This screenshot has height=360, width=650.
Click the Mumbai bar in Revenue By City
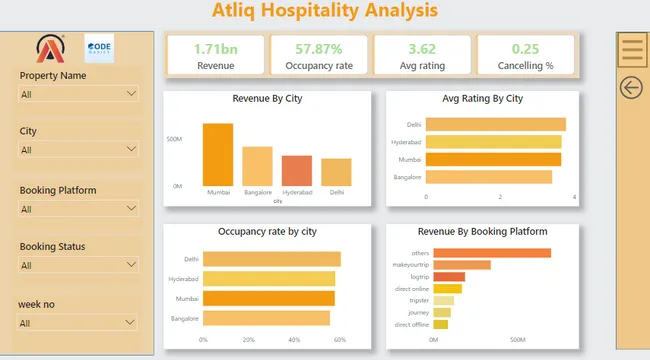click(218, 154)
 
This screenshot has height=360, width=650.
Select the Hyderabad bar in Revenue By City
click(297, 170)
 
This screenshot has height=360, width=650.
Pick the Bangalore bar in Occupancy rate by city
click(266, 318)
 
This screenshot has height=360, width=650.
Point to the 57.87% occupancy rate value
click(318, 48)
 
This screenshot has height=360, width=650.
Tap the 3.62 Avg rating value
click(422, 48)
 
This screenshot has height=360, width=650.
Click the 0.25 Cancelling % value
click(526, 48)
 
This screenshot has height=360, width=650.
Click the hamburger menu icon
click(631, 47)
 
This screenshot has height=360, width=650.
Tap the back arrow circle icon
click(631, 88)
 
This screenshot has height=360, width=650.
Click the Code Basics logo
click(99, 48)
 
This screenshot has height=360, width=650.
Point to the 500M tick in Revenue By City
click(174, 139)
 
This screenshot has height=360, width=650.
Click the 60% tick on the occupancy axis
click(340, 340)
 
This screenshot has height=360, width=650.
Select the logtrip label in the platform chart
click(419, 277)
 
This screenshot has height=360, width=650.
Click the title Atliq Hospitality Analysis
click(325, 11)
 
